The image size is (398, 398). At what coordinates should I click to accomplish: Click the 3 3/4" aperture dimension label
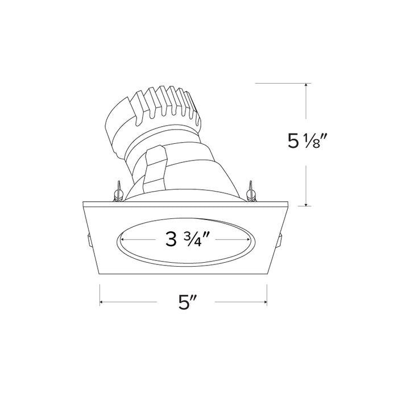coord(185,239)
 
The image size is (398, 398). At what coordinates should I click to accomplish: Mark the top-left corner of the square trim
coord(83,202)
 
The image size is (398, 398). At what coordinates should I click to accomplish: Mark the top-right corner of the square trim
coord(287,202)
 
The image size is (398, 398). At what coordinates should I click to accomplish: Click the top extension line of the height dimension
coord(281,84)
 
